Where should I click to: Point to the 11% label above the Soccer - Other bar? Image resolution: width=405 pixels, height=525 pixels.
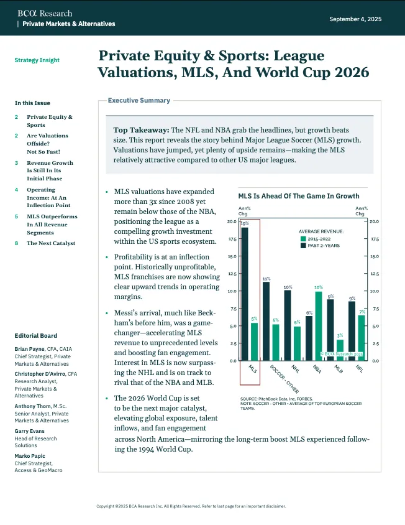click(x=266, y=279)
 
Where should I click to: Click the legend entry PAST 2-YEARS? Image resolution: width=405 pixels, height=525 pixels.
click(x=323, y=245)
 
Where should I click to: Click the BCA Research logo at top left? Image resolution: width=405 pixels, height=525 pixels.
click(x=45, y=13)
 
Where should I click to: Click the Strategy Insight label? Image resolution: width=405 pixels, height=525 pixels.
click(x=37, y=60)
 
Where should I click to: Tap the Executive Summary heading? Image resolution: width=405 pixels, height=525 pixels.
click(x=139, y=100)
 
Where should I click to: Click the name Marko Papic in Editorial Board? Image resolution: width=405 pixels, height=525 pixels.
click(x=31, y=457)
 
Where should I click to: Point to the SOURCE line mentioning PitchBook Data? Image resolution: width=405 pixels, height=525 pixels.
click(x=276, y=399)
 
